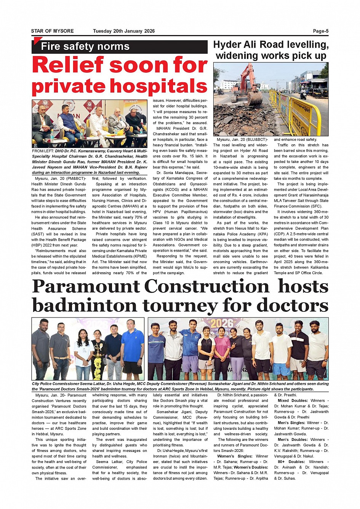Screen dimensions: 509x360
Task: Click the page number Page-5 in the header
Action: coord(320,31)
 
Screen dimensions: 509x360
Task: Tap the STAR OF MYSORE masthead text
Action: coord(52,31)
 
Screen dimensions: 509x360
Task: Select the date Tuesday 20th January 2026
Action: coord(124,31)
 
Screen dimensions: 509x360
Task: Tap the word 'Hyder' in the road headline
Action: coord(229,45)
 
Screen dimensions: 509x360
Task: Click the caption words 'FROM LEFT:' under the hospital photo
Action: coord(43,152)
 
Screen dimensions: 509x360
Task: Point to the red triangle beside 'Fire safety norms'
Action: coord(37,41)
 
